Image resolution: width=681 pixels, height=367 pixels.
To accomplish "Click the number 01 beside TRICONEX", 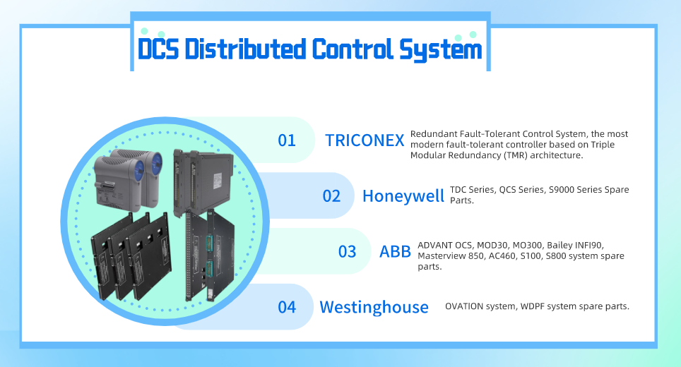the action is pos(287,140).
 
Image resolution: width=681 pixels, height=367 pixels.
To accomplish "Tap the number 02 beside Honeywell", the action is pos(331,196).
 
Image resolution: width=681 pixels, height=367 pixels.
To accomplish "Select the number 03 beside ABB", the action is pos(347,252).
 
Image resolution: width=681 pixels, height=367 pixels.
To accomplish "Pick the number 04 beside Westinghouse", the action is pos(287,307).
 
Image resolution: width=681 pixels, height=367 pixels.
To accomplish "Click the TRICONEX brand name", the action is pos(365,140).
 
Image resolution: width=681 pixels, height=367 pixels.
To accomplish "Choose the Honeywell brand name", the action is pos(403,196).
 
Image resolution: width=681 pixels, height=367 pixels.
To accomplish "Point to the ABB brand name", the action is pos(395,252).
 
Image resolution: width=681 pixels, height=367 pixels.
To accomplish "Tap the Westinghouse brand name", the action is pos(374,307).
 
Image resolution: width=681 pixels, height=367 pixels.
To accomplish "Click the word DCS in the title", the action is pos(158,49).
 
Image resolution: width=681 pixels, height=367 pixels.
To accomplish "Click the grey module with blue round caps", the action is pos(128,179).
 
